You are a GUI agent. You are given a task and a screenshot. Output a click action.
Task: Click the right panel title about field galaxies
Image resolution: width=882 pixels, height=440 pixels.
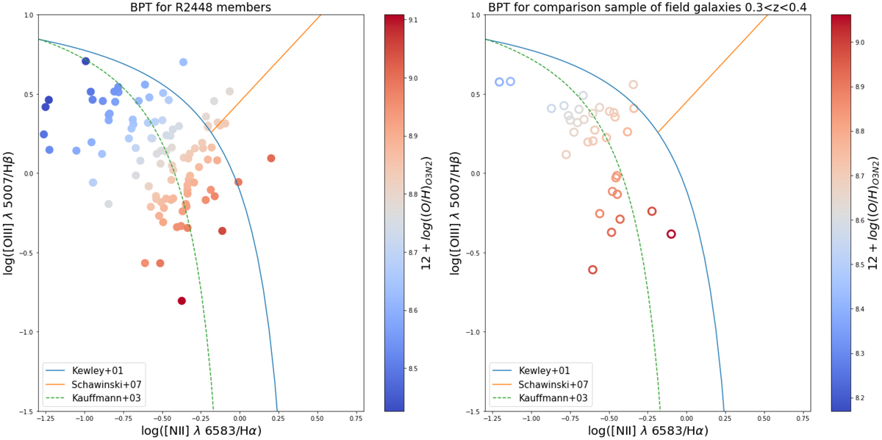pos(648,7)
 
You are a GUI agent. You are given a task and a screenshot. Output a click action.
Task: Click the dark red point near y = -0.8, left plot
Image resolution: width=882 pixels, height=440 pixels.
pos(182,300)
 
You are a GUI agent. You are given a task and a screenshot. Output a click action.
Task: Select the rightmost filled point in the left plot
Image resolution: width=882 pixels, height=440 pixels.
pos(271,158)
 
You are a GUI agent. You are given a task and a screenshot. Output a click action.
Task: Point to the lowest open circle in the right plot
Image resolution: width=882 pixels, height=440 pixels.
pos(592,270)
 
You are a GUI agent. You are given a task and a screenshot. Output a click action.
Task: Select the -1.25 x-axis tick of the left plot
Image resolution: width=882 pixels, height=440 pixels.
pos(46,419)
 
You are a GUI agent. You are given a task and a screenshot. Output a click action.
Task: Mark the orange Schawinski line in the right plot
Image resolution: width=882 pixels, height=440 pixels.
pos(713,73)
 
